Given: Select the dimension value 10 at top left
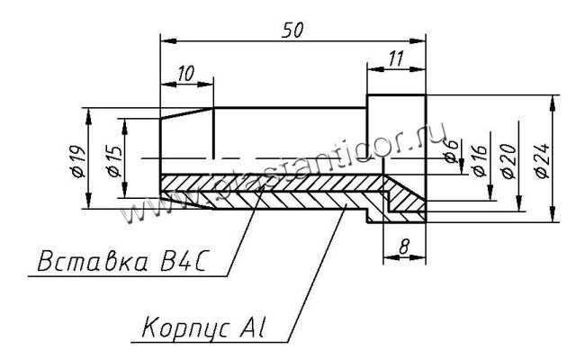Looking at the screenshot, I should [186, 75].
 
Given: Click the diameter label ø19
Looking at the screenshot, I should [76, 158].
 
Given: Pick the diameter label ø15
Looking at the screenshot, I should [112, 158].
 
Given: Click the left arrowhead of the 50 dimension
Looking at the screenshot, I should [166, 40].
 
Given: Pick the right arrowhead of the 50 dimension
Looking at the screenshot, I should [418, 40].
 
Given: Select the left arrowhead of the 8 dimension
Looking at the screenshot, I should [388, 257].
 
